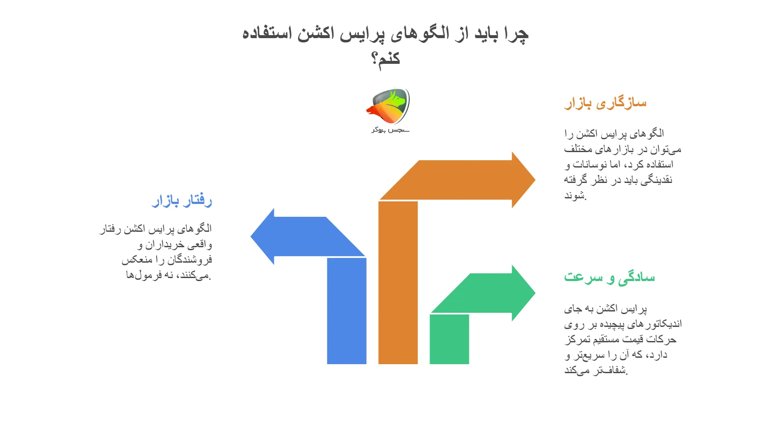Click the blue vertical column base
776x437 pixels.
(347, 343)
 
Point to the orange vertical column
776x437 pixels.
(398, 283)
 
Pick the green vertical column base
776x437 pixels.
(449, 343)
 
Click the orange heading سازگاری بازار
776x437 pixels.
(605, 103)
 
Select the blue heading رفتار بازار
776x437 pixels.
(182, 201)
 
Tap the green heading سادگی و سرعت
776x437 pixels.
(609, 277)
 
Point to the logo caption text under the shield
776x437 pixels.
(390, 129)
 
